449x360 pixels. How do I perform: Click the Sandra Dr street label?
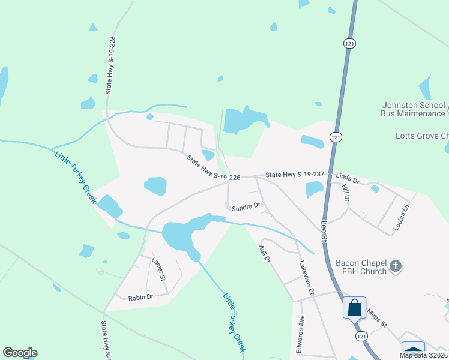tap(246, 206)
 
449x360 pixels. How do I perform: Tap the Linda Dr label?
tap(347, 179)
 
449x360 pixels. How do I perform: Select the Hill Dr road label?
tap(345, 193)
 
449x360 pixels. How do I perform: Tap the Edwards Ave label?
tap(302, 334)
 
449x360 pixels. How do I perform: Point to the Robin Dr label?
tap(141, 297)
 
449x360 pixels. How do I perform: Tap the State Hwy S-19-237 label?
tap(295, 174)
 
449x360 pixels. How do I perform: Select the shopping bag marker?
tap(355, 308)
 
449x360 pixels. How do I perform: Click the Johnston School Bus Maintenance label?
tap(414, 109)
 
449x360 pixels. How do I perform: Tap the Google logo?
tap(20, 353)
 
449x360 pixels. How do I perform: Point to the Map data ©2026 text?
tap(423, 355)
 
